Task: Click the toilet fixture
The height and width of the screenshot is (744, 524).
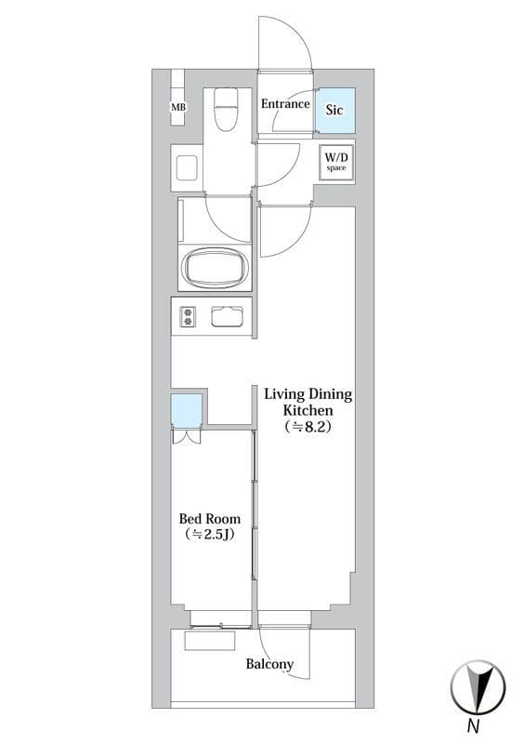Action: point(226,110)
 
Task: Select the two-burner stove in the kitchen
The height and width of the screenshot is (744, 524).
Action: point(188,316)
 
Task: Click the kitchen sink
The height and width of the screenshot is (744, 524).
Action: point(227,316)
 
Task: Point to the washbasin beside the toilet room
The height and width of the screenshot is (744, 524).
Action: point(187,167)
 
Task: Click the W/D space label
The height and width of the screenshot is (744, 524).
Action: point(336,162)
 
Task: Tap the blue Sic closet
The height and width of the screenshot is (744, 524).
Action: point(335,110)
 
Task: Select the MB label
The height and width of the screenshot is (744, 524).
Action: point(178,107)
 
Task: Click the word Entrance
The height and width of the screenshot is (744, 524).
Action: point(285,104)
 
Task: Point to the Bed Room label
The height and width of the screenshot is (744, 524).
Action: point(210,519)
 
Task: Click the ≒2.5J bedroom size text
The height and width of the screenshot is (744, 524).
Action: point(210,535)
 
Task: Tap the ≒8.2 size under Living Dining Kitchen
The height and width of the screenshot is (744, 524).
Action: point(308,427)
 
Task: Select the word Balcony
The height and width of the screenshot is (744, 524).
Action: point(269,664)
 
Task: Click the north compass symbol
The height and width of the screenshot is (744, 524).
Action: point(478,686)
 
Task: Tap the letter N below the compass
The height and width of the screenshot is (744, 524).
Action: point(473,726)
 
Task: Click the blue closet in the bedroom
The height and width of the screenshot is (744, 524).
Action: point(187,411)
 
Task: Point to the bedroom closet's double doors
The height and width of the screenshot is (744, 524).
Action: point(187,436)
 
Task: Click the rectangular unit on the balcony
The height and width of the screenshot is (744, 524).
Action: point(210,641)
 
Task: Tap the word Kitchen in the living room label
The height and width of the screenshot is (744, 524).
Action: point(308,410)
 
